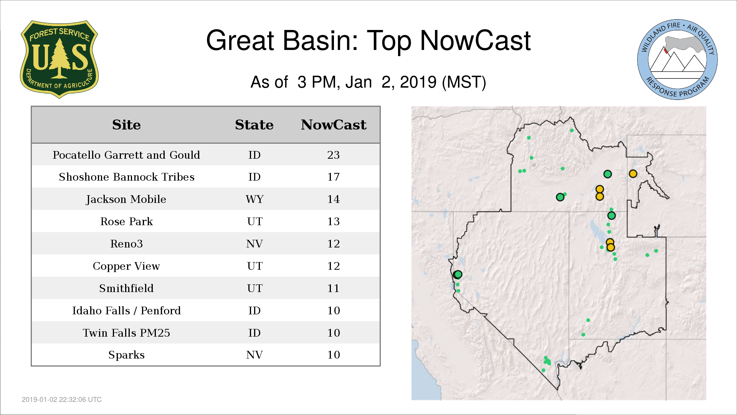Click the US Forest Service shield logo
[59, 60]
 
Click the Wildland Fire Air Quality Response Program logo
[678, 60]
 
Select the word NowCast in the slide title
[475, 40]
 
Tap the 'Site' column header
[126, 125]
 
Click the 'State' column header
[254, 125]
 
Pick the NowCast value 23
[333, 155]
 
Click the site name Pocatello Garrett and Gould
[126, 155]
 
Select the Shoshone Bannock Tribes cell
[126, 177]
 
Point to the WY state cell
[254, 199]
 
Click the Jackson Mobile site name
[126, 199]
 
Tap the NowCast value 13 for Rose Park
[333, 221]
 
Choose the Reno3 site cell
[126, 244]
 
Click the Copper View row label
[126, 266]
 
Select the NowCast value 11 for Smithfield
[333, 288]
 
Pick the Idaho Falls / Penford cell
[126, 310]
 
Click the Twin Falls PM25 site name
[126, 333]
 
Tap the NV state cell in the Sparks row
[254, 355]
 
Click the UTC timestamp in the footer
[62, 400]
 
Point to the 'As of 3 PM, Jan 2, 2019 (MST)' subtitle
[368, 82]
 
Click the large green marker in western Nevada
[458, 274]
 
